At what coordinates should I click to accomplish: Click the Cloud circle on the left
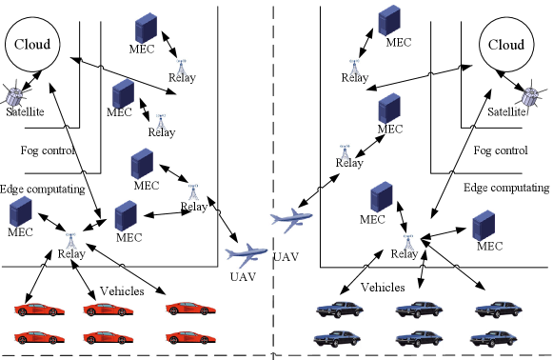coord(32,44)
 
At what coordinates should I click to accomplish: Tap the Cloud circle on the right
coord(506,44)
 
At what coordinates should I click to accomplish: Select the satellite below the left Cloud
coord(14,96)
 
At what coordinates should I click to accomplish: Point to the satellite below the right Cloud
coord(530,96)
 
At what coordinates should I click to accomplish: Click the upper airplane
coord(291,221)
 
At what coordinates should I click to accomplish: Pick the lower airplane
coord(247,255)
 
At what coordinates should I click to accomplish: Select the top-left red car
coord(39,309)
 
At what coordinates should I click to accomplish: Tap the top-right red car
coord(190,308)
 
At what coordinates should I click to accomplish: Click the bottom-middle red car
coord(108,337)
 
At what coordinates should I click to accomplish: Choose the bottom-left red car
coord(39,337)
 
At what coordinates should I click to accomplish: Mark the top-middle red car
coord(108,309)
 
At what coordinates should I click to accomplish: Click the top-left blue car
coord(340,309)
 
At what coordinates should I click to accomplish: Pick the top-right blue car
coord(498,309)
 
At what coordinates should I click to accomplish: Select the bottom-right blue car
coord(493,339)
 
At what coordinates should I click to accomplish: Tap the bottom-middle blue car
coord(420,339)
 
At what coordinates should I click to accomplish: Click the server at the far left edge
coord(21,211)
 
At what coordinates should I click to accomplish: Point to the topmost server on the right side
coord(389,20)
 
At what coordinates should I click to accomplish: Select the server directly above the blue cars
coord(484,226)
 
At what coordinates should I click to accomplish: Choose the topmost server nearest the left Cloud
coord(146,29)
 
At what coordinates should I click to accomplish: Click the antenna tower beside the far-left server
coord(71,240)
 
